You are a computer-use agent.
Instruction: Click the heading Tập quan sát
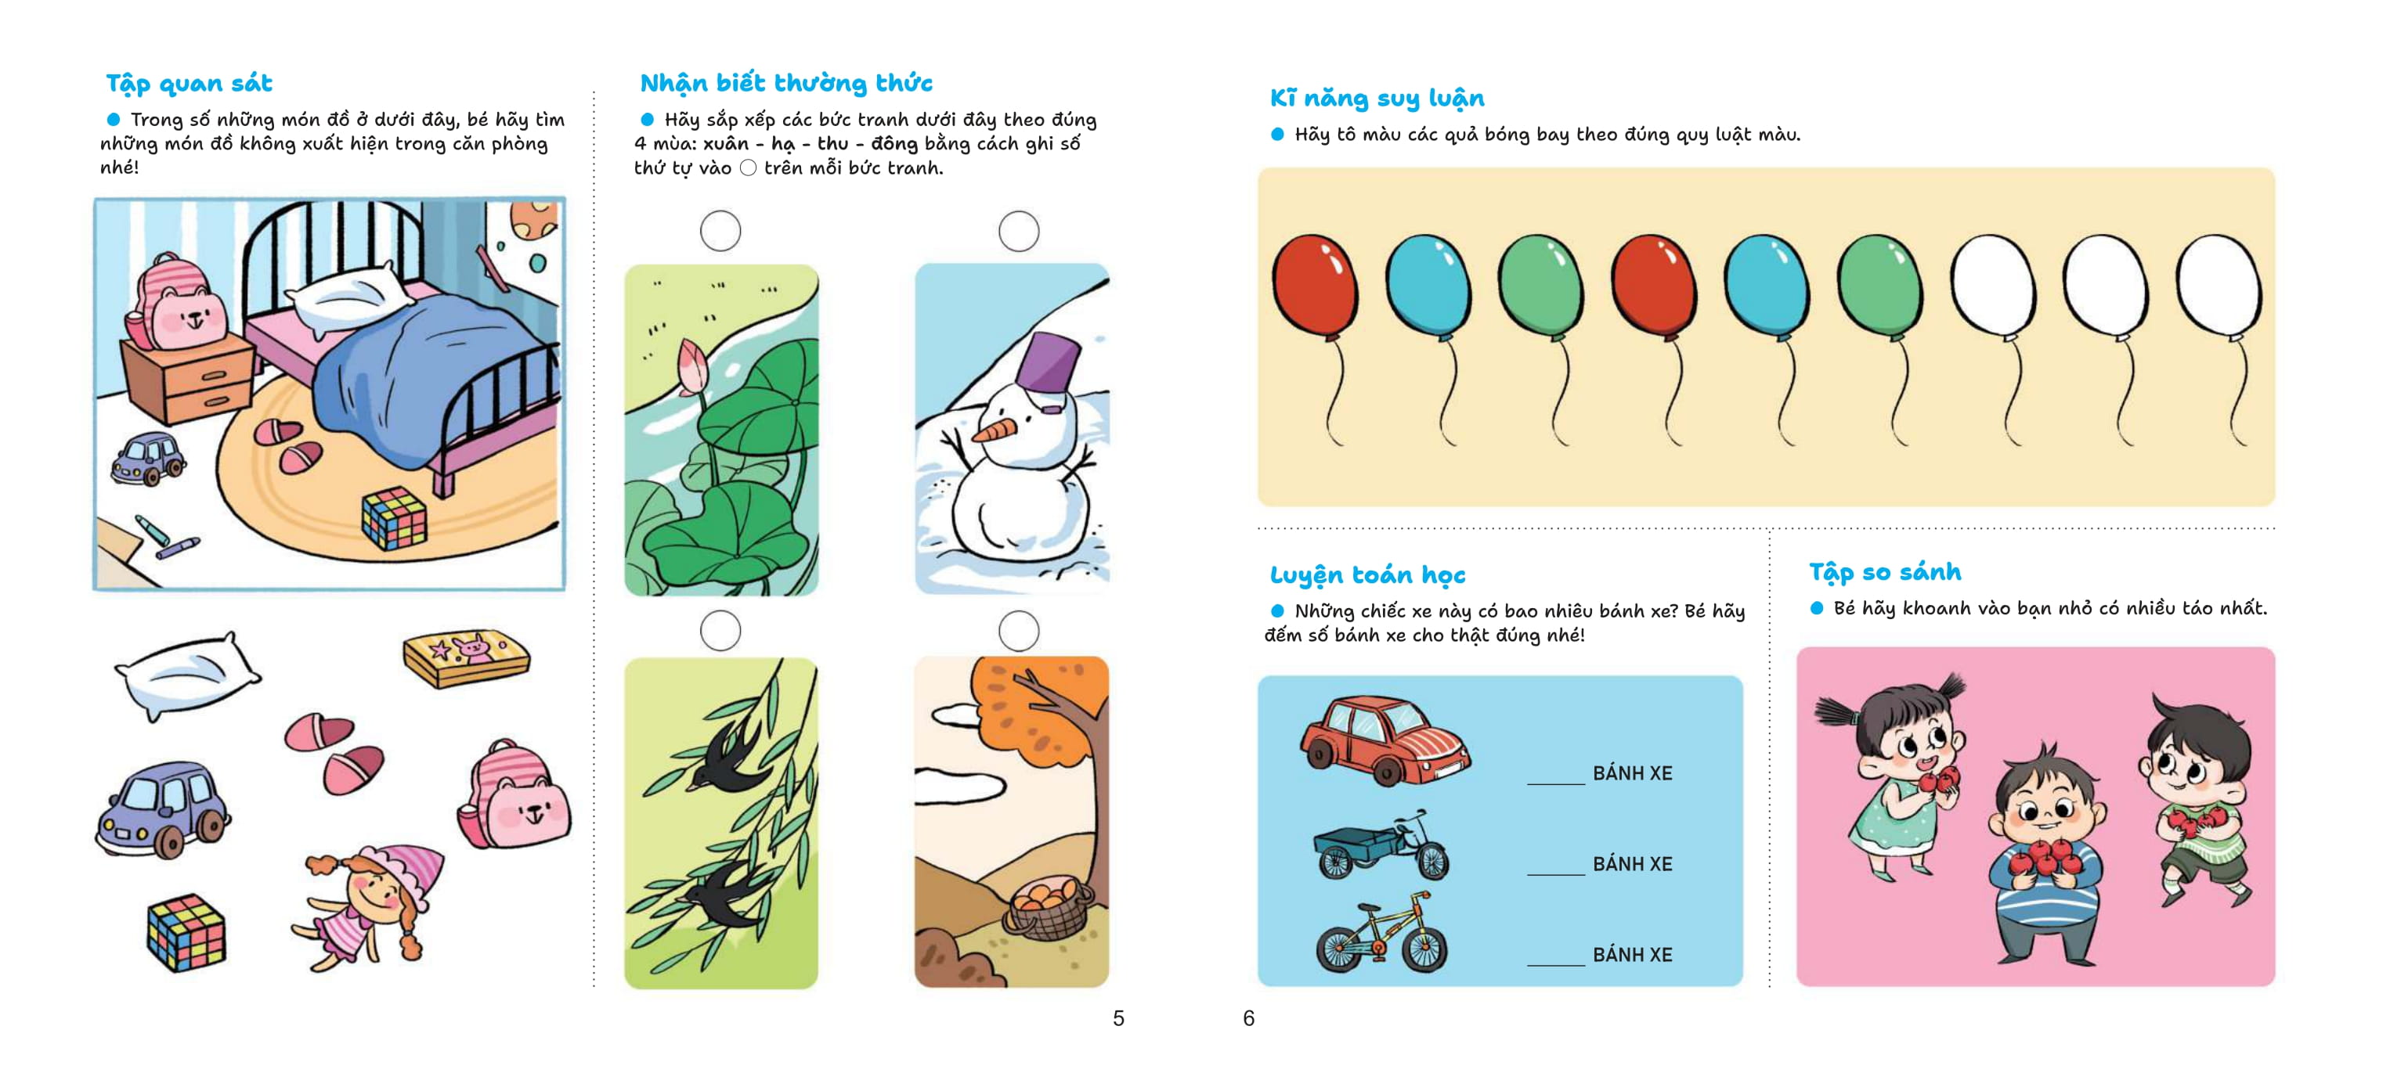(190, 84)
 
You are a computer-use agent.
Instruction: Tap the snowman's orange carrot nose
(994, 430)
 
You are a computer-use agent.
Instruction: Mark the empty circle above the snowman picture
(1018, 231)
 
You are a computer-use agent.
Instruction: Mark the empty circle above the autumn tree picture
(1018, 631)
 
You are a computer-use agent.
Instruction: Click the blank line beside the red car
(1556, 784)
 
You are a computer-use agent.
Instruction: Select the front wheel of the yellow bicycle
(1424, 948)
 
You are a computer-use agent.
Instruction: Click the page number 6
(1249, 1018)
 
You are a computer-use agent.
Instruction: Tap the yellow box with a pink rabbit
(466, 657)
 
